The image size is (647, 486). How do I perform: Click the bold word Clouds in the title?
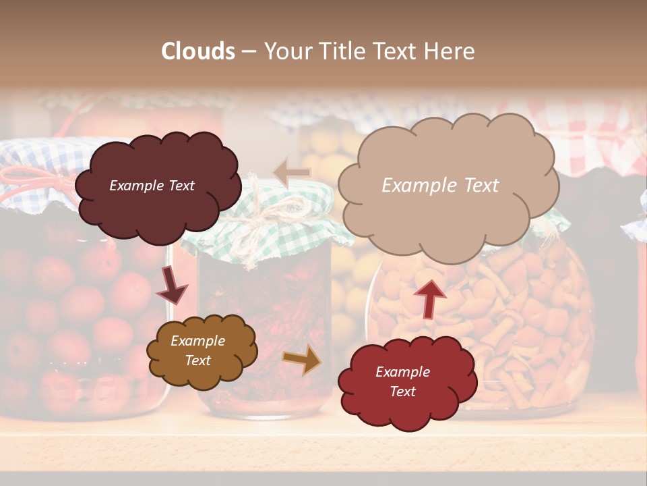(198, 51)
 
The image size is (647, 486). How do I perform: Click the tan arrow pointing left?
(291, 173)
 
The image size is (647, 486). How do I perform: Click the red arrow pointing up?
(430, 298)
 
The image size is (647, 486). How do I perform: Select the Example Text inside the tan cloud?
(440, 186)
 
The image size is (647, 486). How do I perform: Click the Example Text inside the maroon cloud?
(152, 186)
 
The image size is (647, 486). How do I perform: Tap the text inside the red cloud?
(402, 381)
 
